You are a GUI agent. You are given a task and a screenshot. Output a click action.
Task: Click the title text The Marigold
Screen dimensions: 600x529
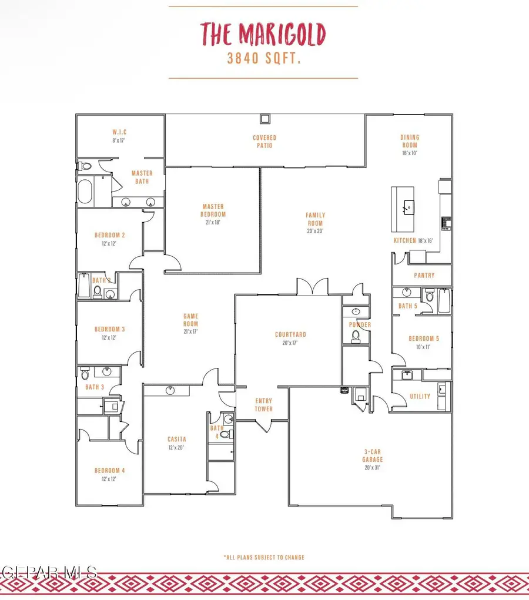(x=263, y=35)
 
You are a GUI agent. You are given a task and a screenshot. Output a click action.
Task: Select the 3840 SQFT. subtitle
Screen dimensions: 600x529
(x=263, y=59)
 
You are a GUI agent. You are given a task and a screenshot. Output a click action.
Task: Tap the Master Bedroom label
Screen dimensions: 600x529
(x=214, y=210)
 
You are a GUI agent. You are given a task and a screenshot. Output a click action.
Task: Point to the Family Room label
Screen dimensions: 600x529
(x=316, y=219)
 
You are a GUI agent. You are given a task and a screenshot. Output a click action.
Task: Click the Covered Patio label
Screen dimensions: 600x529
(x=264, y=142)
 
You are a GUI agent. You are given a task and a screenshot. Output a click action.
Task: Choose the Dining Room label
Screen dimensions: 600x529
(x=410, y=141)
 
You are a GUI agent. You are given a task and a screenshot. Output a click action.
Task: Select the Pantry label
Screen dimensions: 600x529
(x=424, y=275)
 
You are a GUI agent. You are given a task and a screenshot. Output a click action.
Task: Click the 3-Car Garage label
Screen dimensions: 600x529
(x=372, y=456)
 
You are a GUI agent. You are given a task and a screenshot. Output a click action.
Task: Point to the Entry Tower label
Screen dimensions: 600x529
(x=263, y=405)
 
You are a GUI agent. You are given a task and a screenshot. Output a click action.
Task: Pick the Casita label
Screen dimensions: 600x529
(x=176, y=439)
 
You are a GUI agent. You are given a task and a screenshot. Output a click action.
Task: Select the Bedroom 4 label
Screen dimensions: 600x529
(x=109, y=470)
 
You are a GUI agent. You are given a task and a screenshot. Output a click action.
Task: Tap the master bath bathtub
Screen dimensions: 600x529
(x=85, y=192)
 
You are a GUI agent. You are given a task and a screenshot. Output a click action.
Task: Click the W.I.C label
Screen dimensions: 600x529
(x=120, y=132)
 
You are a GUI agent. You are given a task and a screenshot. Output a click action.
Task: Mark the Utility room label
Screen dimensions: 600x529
(x=420, y=397)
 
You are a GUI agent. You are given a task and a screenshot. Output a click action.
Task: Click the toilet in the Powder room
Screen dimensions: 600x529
(x=355, y=336)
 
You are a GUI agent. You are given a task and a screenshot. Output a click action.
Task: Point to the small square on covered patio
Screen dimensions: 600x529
(x=265, y=118)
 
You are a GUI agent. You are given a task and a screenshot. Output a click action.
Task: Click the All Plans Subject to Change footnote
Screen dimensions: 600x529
(x=263, y=557)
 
